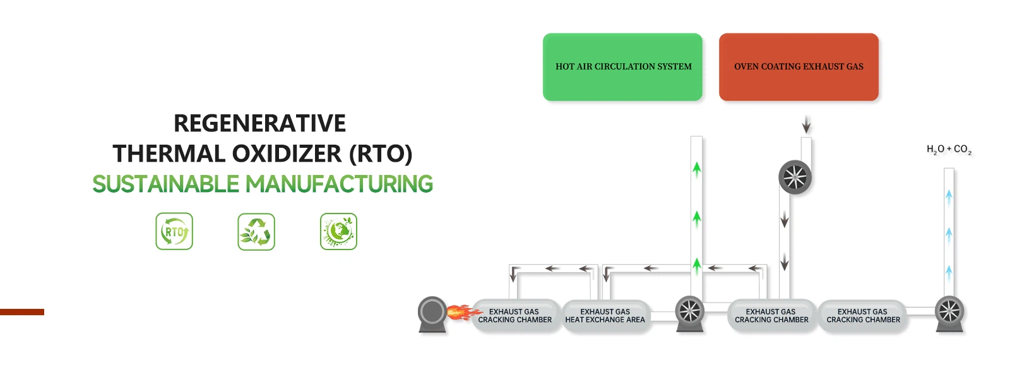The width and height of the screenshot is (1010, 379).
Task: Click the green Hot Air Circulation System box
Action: point(622,67)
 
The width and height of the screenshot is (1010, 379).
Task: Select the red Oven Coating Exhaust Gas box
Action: point(799,67)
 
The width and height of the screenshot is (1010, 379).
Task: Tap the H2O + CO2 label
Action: point(949,149)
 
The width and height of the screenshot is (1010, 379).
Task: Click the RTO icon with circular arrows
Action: point(174,231)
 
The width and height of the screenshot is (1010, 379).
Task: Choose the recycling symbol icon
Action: point(256,231)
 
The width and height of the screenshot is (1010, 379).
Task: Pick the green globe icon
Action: point(338,231)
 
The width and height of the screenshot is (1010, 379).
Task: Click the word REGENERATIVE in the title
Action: point(259,123)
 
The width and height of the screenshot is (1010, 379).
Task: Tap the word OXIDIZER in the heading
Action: point(287,153)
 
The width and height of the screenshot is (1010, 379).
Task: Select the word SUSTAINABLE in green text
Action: point(165,184)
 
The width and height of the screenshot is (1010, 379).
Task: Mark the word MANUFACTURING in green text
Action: point(339,184)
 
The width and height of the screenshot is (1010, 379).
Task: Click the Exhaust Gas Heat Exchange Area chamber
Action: point(605,316)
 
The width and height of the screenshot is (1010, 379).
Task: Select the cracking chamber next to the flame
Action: point(515,316)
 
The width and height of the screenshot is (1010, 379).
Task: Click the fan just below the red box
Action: point(795,177)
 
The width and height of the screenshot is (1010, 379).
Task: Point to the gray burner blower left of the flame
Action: point(432,314)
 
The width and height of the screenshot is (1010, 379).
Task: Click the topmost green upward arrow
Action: point(697,169)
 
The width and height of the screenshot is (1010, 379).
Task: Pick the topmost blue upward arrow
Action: point(949,198)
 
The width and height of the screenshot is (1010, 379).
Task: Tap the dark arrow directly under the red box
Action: point(807,124)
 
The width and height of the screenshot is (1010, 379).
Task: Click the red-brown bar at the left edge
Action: point(22,312)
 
